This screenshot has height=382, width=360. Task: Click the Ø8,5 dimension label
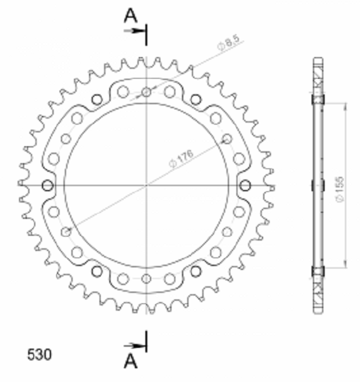tap(228, 43)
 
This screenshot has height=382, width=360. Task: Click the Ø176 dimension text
tap(181, 158)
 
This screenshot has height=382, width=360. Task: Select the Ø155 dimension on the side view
tap(340, 189)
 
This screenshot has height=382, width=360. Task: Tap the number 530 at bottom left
tap(39, 354)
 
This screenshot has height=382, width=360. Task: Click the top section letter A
tap(131, 15)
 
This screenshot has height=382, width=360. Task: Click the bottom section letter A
tap(131, 361)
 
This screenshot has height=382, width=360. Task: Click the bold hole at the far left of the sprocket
tap(48, 185)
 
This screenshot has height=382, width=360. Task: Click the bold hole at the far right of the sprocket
tap(245, 185)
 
